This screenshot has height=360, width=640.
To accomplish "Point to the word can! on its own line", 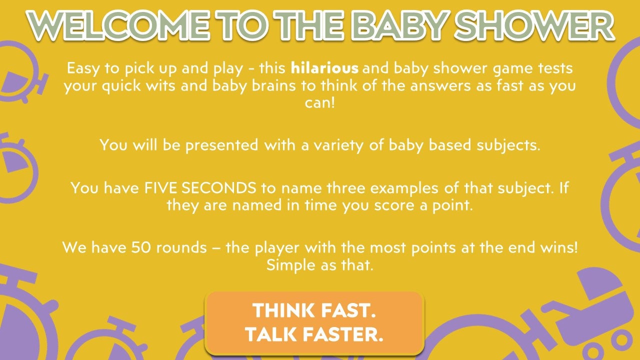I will click(x=320, y=103).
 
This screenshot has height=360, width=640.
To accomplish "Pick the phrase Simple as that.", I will click(x=320, y=265).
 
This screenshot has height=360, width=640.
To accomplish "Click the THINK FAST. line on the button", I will click(x=314, y=310).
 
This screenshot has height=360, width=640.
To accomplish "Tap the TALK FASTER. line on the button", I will click(x=314, y=334).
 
